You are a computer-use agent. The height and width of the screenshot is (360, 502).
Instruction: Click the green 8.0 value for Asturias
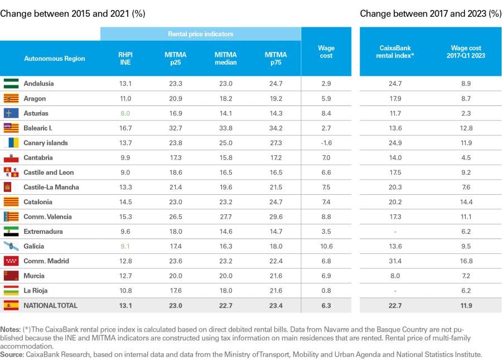click(x=125, y=113)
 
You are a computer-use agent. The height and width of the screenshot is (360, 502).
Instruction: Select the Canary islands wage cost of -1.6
click(x=326, y=143)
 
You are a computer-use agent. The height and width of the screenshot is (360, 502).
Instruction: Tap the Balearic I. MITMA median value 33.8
click(x=226, y=128)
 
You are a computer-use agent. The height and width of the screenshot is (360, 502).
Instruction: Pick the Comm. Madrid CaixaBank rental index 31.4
click(x=395, y=261)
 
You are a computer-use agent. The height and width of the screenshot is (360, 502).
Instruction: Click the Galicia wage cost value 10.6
click(x=326, y=246)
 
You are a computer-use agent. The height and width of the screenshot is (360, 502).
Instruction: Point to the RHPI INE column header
click(x=126, y=59)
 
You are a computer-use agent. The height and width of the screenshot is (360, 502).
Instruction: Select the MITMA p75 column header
click(x=276, y=59)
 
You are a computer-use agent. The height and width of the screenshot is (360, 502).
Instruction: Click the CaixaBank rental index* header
click(x=395, y=51)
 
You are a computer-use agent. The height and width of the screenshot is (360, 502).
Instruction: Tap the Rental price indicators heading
click(x=201, y=34)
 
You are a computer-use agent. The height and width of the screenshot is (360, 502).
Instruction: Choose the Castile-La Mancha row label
click(x=51, y=188)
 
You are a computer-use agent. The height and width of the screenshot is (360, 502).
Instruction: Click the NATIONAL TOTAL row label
click(x=51, y=305)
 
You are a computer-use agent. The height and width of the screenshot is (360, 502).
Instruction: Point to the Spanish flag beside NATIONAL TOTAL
click(x=11, y=305)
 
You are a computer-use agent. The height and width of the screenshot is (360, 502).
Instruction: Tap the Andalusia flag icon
click(x=11, y=84)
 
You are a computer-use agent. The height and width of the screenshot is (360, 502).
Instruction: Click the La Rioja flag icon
click(x=11, y=290)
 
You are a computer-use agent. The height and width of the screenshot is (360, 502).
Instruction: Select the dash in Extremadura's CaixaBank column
click(x=395, y=232)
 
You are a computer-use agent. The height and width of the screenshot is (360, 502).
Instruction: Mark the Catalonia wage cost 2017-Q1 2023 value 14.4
click(x=466, y=202)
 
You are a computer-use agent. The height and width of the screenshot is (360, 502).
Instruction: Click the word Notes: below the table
click(x=11, y=329)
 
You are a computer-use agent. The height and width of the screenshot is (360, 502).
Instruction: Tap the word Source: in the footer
click(x=12, y=354)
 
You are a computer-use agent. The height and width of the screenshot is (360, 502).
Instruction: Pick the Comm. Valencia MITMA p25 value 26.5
click(x=176, y=217)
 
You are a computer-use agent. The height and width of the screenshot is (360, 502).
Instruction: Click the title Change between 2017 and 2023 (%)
click(x=431, y=13)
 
